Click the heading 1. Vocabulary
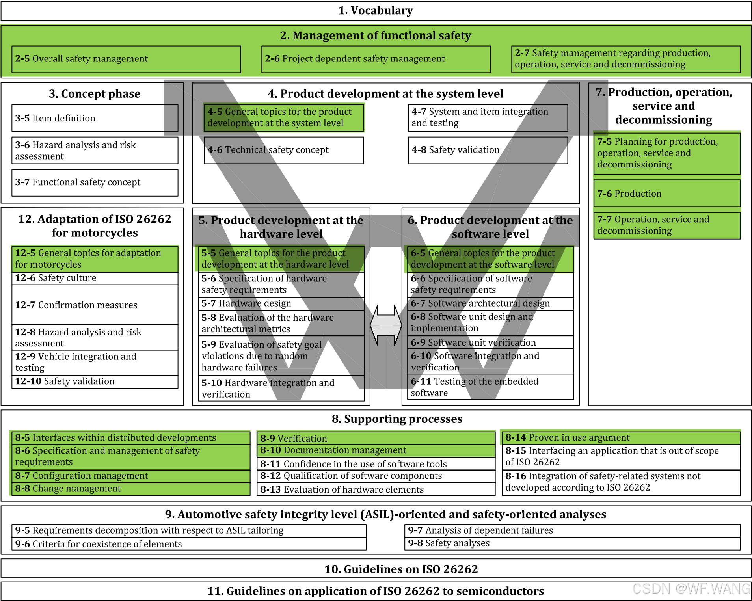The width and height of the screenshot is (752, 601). (376, 11)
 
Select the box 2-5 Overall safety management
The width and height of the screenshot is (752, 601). (126, 59)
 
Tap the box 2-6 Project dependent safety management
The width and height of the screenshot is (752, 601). (376, 59)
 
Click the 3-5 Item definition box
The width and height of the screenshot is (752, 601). (95, 118)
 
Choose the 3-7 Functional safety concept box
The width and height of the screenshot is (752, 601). (95, 182)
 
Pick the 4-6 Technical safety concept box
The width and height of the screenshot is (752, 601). (284, 150)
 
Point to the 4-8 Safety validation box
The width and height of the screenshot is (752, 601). (488, 150)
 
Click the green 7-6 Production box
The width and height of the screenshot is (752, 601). (667, 194)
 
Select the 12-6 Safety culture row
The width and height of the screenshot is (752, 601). (95, 278)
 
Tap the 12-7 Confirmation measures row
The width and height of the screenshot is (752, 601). (95, 305)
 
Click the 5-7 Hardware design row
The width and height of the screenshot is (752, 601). (281, 303)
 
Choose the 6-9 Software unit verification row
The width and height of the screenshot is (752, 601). (490, 342)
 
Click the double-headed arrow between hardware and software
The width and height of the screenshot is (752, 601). (386, 326)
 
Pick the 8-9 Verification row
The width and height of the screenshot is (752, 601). (376, 438)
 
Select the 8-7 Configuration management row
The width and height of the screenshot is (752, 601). (130, 476)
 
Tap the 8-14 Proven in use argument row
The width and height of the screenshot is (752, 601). (621, 438)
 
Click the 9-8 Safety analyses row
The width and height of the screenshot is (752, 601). (572, 543)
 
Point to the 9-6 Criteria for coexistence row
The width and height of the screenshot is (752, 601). (189, 544)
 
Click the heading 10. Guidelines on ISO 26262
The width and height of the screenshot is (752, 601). (401, 569)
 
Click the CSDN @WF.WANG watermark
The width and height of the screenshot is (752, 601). (691, 589)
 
